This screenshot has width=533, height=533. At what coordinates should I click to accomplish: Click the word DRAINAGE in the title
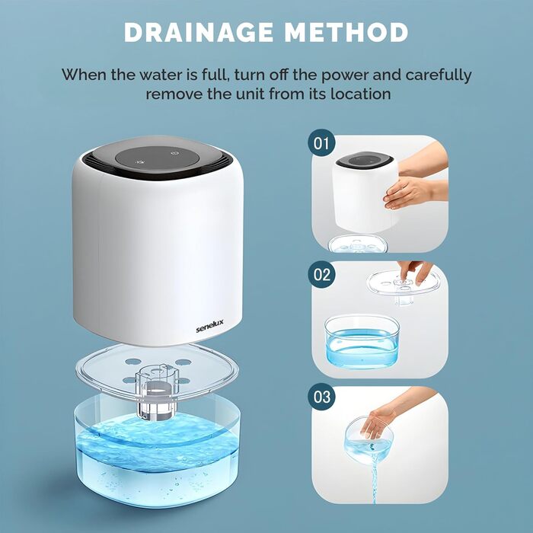[199, 32]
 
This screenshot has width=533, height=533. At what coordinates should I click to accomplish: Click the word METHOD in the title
[346, 32]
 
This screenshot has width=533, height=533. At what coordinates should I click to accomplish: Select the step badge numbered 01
[321, 143]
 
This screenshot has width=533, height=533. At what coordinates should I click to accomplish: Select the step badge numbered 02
[321, 274]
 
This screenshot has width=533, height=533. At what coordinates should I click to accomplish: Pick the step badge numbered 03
[321, 397]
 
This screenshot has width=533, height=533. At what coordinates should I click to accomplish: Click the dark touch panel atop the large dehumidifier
[157, 161]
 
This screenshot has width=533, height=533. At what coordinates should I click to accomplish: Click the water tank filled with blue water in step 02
[362, 342]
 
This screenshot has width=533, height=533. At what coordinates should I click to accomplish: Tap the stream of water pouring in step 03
[375, 476]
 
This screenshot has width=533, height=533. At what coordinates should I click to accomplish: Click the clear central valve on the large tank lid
[157, 391]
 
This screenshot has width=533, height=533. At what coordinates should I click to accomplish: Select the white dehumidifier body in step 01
[365, 192]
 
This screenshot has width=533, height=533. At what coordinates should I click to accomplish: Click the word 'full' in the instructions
[213, 75]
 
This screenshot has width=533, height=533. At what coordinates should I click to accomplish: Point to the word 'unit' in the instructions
[251, 94]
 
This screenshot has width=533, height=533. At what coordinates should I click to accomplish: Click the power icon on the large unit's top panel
[175, 153]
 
